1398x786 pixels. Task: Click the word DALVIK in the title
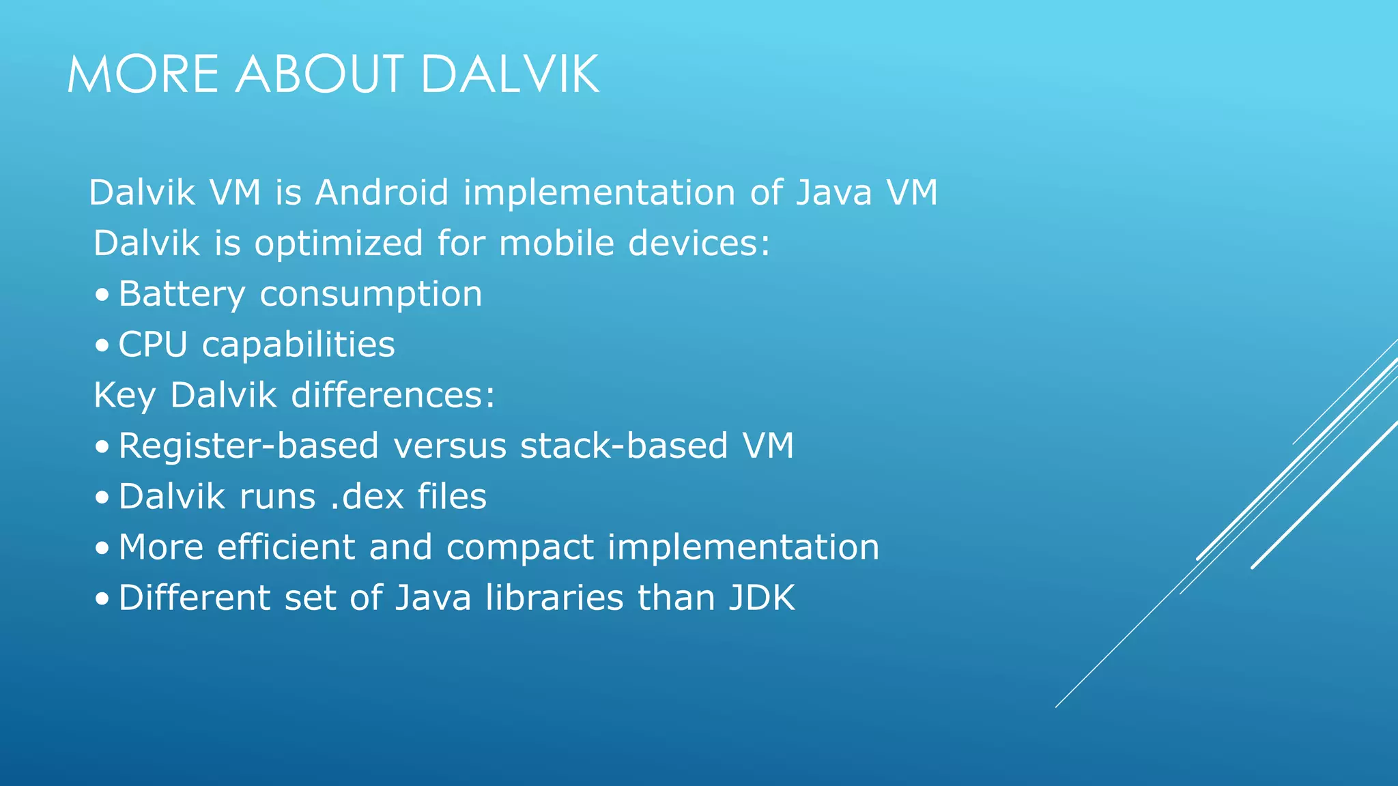tap(510, 74)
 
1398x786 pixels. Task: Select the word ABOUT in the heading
tap(319, 74)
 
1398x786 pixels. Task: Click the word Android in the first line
tap(382, 192)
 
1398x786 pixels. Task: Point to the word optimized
tap(339, 244)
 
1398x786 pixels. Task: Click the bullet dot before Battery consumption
tap(102, 295)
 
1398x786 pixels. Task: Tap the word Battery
tap(182, 295)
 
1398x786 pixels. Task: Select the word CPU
tap(152, 345)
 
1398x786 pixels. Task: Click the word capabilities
tap(298, 345)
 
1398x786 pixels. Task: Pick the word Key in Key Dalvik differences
tap(124, 396)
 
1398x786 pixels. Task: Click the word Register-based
tap(248, 446)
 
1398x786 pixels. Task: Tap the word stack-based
tap(624, 446)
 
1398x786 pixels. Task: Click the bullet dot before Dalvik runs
tap(102, 497)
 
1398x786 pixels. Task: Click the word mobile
tap(557, 244)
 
